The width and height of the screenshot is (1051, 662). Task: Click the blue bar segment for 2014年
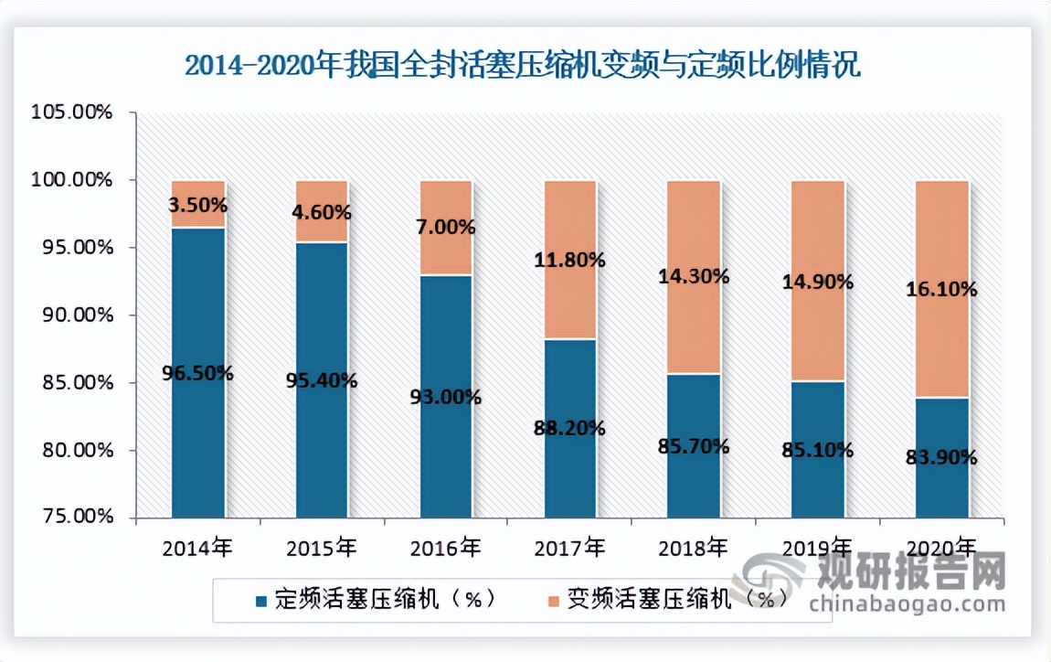click(x=197, y=439)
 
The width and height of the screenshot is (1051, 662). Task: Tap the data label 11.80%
click(x=570, y=260)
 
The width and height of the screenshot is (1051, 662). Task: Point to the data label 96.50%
click(x=197, y=373)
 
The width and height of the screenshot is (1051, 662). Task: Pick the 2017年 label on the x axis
click(x=570, y=549)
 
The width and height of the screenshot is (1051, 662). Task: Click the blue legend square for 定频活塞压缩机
click(x=262, y=601)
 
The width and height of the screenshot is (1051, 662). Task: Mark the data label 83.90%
click(x=942, y=457)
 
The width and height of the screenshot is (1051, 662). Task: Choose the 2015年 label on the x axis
click(x=322, y=549)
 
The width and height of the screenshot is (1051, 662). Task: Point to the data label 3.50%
click(x=197, y=206)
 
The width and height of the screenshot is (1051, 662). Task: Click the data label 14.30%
click(x=694, y=275)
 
